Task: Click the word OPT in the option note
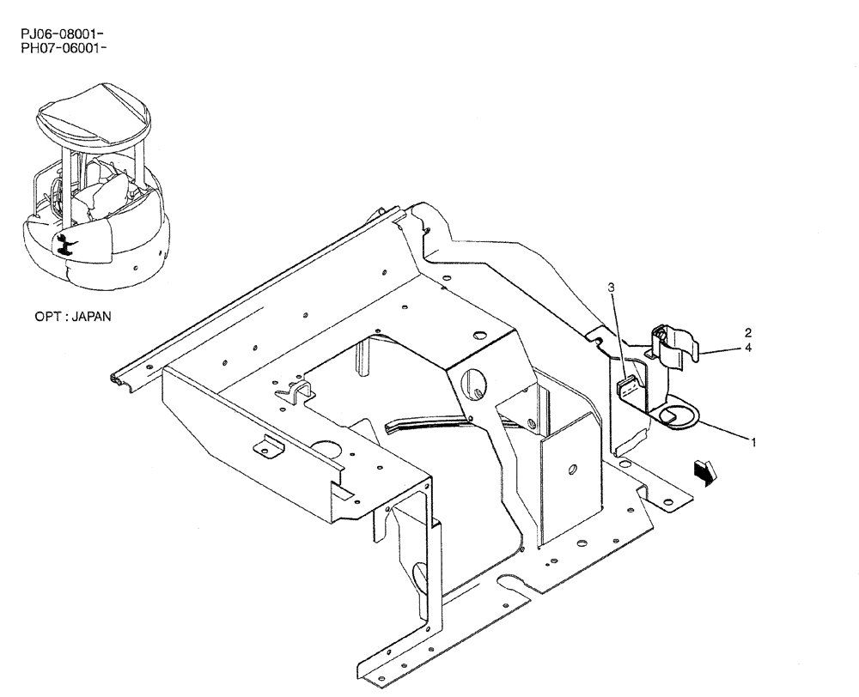(47, 317)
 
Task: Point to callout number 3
(612, 288)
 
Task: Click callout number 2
(748, 332)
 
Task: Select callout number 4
(748, 348)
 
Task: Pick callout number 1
(753, 442)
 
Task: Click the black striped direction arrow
(706, 471)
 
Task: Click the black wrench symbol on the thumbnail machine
(62, 244)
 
